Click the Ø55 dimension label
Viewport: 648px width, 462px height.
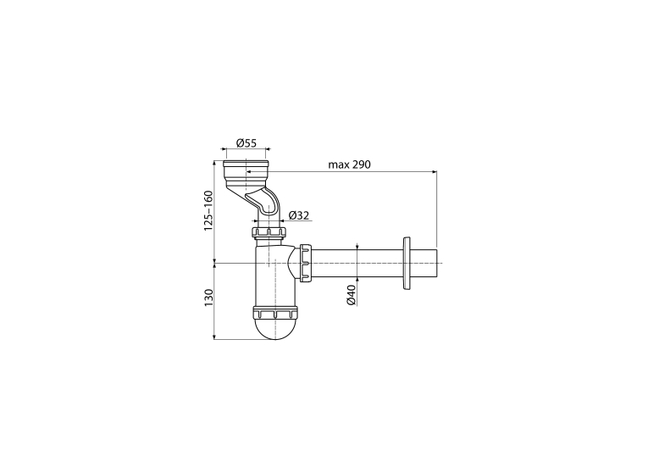click(246, 143)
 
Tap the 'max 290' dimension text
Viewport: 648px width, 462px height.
click(349, 164)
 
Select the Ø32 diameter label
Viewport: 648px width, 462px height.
click(299, 215)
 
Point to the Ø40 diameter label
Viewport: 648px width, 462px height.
click(352, 295)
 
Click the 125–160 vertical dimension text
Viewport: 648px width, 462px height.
click(208, 210)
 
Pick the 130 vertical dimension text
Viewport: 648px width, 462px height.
click(208, 298)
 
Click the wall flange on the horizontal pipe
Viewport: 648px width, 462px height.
click(407, 264)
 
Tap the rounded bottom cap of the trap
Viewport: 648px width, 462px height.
click(275, 329)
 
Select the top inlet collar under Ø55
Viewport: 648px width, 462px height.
click(246, 171)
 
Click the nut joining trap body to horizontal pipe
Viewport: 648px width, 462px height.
click(306, 263)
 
